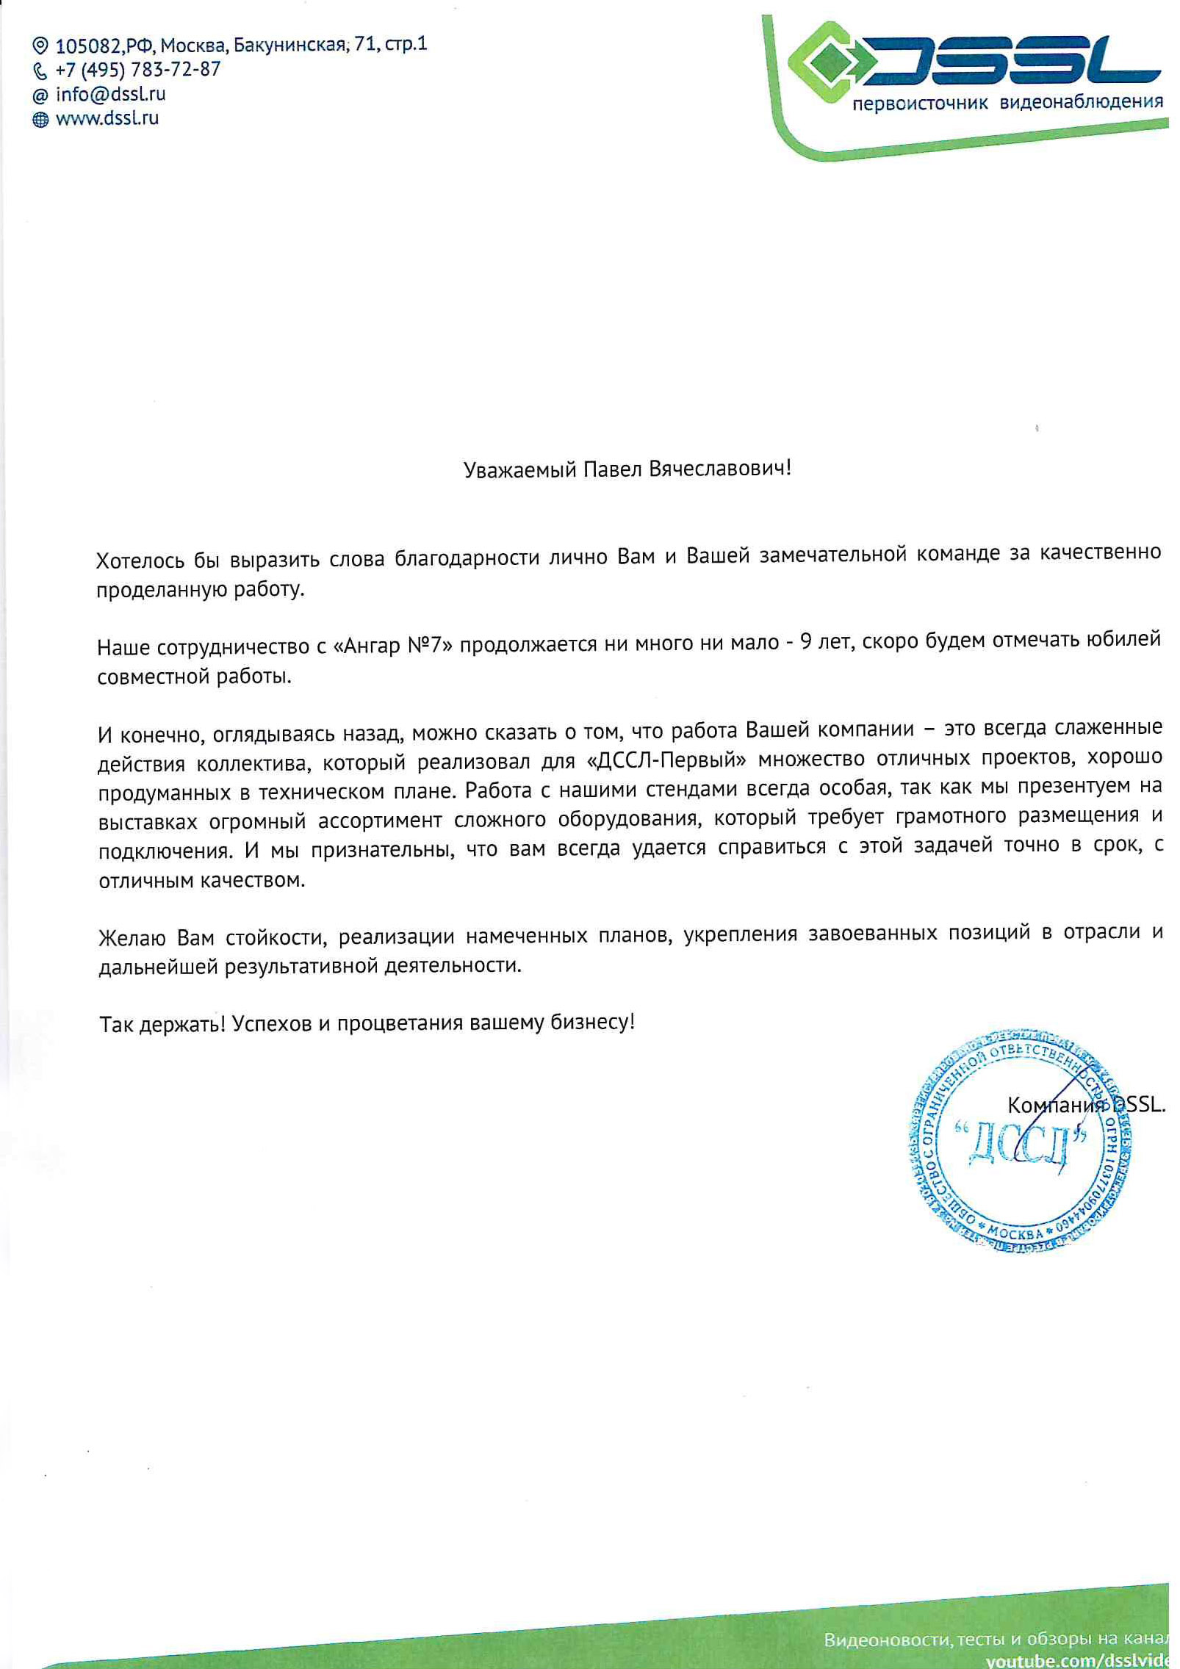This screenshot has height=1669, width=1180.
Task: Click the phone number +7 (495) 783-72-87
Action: pyautogui.click(x=137, y=70)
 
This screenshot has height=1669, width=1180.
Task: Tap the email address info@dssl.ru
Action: pyautogui.click(x=110, y=94)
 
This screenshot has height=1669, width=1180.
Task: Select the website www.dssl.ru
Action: pyautogui.click(x=107, y=118)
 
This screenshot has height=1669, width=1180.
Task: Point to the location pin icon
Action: pyautogui.click(x=40, y=46)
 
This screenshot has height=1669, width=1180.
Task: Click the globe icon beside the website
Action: pyautogui.click(x=40, y=119)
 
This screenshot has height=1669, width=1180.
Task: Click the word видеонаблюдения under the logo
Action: pyautogui.click(x=1081, y=102)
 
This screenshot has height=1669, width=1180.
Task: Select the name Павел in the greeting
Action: pyautogui.click(x=613, y=469)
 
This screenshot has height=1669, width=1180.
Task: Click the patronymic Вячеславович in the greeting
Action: pyautogui.click(x=719, y=468)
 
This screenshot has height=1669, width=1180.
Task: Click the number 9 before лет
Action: pyautogui.click(x=806, y=642)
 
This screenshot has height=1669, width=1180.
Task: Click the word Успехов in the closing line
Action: pyautogui.click(x=272, y=1023)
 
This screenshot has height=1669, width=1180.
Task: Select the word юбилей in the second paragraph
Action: pyautogui.click(x=1123, y=638)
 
